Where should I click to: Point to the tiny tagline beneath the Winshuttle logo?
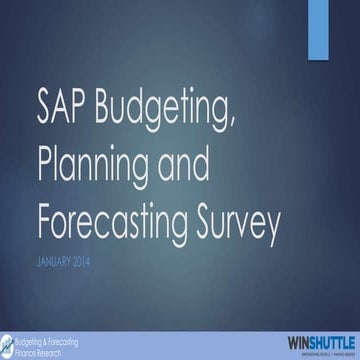click(315, 347)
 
